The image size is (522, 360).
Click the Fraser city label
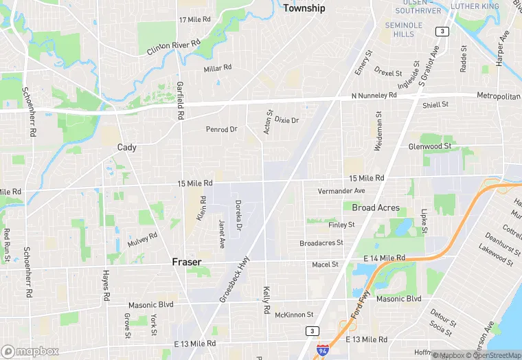(x=186, y=262)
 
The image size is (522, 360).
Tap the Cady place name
(x=127, y=148)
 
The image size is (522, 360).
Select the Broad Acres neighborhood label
(x=375, y=207)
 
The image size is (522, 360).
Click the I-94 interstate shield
(x=321, y=350)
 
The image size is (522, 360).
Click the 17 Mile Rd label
(x=194, y=20)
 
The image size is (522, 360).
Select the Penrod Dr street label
(x=221, y=129)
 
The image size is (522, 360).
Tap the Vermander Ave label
(x=341, y=191)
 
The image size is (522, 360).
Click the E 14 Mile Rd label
(x=384, y=258)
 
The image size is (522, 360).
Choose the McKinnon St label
(x=294, y=314)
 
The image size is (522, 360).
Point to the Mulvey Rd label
(x=143, y=240)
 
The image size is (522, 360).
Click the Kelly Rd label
(x=266, y=302)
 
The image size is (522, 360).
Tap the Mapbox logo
(x=29, y=351)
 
